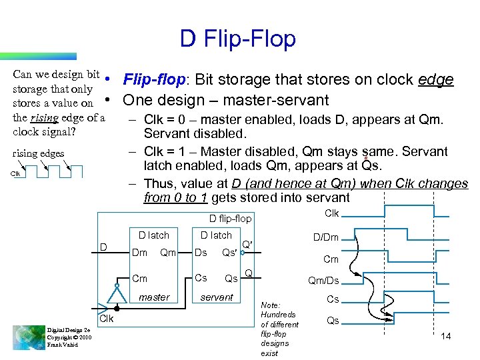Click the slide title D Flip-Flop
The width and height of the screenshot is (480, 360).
click(x=237, y=39)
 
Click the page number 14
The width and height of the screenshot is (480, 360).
click(x=446, y=336)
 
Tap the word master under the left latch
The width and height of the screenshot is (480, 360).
click(x=154, y=297)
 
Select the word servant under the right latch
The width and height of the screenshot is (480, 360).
click(x=217, y=297)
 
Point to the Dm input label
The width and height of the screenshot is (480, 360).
click(x=140, y=253)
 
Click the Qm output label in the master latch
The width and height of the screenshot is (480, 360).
click(x=168, y=253)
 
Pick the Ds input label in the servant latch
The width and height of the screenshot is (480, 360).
click(x=201, y=253)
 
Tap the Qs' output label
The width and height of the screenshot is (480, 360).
click(x=229, y=253)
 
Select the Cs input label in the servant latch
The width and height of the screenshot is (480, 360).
click(x=201, y=278)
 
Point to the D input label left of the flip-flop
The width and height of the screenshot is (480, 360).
click(x=104, y=247)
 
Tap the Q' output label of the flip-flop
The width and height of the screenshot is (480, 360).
click(x=247, y=245)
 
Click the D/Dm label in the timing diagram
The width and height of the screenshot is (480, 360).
click(x=326, y=237)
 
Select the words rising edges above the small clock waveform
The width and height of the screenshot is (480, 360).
click(x=39, y=153)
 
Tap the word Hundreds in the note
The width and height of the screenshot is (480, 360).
click(x=279, y=314)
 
